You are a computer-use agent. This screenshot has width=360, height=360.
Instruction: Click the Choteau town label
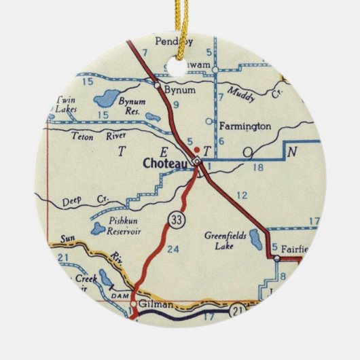pos(165,163)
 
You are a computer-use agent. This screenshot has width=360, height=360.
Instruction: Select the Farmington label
pos(245,126)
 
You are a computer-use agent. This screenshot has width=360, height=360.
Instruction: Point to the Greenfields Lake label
pos(224,240)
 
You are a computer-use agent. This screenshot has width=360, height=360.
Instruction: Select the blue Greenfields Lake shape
pos(255,239)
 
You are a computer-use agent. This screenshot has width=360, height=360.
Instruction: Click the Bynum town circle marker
pos(158,86)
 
